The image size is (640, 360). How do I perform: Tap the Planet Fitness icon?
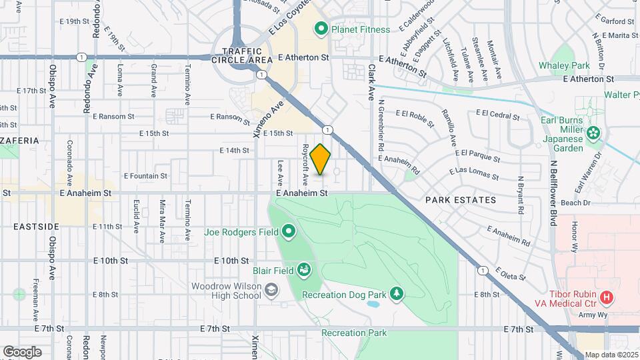[x=321, y=28]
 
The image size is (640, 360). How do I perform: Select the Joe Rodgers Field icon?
[x=289, y=232]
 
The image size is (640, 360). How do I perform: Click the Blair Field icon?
[x=303, y=269]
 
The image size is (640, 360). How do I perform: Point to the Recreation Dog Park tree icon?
[x=397, y=293]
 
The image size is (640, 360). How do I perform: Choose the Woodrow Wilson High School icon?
[x=271, y=289]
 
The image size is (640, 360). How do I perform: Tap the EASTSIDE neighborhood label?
[x=36, y=227]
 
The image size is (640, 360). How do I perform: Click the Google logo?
[x=22, y=352]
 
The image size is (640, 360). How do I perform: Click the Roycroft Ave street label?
[x=305, y=165]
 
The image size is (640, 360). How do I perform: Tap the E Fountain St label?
[x=145, y=176]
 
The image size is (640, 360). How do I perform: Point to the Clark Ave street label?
[x=371, y=82]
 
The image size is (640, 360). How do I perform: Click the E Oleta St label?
[x=509, y=274]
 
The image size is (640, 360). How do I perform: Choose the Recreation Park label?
[x=354, y=333]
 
